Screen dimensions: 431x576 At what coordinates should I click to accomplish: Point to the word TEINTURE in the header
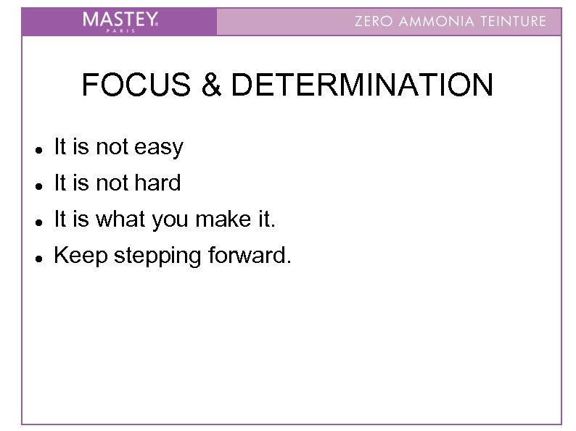[x=516, y=21]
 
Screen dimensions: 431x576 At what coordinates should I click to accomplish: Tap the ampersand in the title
[x=212, y=85]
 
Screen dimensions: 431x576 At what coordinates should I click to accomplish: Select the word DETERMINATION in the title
[x=361, y=85]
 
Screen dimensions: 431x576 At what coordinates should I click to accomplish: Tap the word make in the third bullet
[x=216, y=219]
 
